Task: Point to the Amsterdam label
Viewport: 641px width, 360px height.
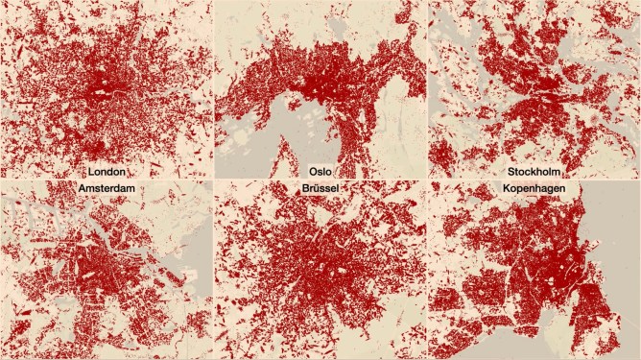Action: tap(107, 189)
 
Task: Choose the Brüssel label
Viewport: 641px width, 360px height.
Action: tap(320, 189)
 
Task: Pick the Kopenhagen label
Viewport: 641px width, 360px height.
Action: tap(533, 189)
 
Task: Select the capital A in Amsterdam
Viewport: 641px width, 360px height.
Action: tap(80, 189)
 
